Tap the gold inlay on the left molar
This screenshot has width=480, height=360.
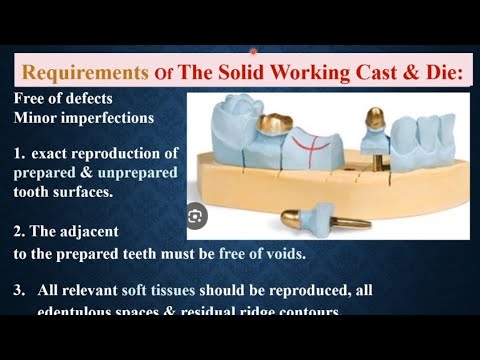[x=273, y=121]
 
